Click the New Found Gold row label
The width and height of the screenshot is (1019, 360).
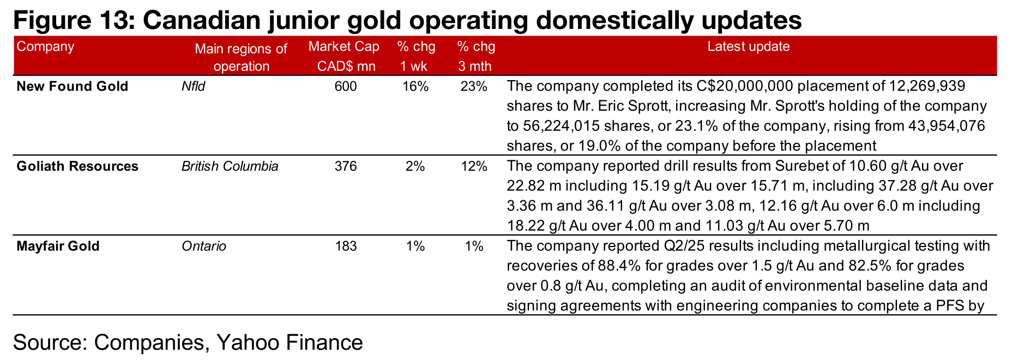72,86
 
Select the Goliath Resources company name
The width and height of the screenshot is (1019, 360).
77,166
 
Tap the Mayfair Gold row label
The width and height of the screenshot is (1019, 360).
58,246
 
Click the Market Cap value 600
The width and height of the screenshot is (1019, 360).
346,86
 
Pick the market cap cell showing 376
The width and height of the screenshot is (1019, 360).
346,166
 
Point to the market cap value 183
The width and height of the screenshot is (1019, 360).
346,246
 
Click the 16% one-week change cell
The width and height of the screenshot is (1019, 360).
415,86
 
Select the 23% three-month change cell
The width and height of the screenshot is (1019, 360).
474,86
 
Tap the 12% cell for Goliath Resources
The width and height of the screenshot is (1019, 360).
474,166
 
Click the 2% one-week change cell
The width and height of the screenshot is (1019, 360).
415,166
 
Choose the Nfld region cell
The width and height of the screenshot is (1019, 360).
193,86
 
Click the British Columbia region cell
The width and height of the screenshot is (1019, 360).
230,166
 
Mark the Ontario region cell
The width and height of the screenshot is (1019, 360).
203,246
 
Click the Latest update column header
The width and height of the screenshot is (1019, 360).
748,46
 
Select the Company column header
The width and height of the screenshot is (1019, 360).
45,46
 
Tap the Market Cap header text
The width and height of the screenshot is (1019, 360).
343,46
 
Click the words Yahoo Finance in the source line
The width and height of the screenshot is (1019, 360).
290,343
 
